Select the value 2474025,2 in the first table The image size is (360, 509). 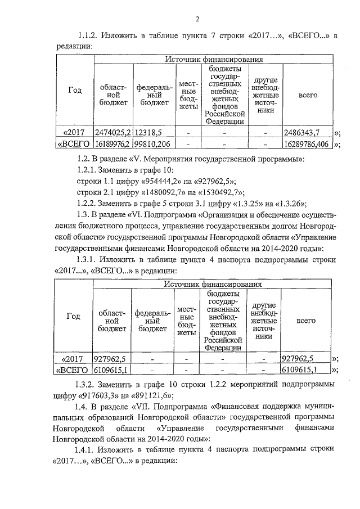(x=112, y=133)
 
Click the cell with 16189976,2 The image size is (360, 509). (x=112, y=145)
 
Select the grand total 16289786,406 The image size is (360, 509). (x=307, y=145)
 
